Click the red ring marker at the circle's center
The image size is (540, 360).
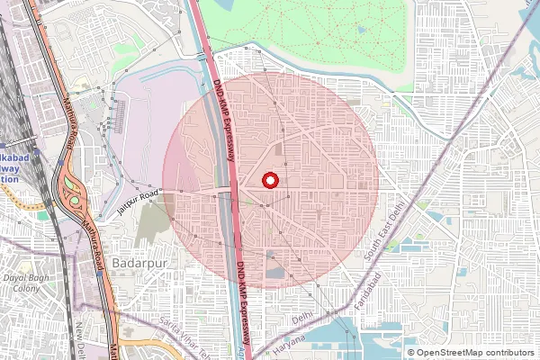pos(269,180)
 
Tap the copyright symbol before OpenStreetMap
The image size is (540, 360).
pos(410,353)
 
